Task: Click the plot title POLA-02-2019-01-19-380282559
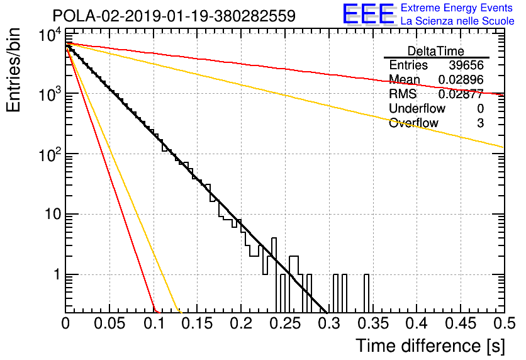point(174,16)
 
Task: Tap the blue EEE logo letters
point(369,14)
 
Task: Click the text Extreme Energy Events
point(457,8)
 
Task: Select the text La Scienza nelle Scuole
point(457,21)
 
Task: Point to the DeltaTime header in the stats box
point(436,51)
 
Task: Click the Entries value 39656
point(466,65)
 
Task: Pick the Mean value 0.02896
point(461,79)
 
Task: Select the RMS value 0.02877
point(461,94)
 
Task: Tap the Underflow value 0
point(480,108)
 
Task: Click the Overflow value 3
point(480,123)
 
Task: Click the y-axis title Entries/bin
point(13,70)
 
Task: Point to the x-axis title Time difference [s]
point(430,346)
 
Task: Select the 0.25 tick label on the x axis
point(286,323)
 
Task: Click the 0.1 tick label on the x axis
point(154,323)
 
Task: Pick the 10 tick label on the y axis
point(53,214)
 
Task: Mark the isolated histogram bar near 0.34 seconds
point(367,293)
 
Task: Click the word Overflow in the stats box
point(413,123)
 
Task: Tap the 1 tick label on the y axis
point(58,274)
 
